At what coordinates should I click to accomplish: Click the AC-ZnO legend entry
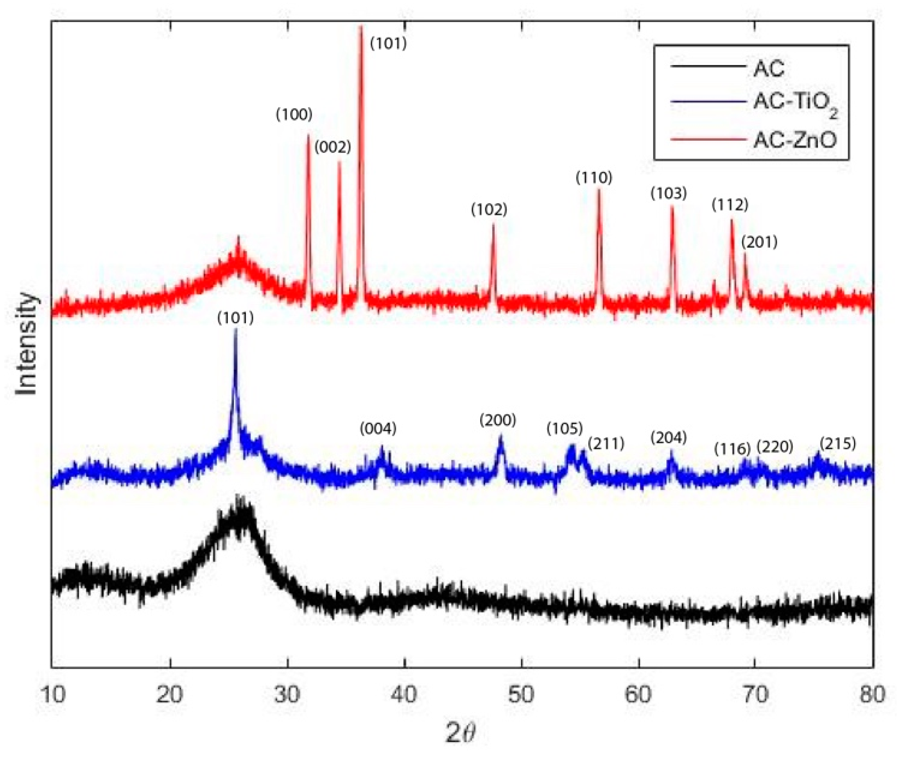click(795, 140)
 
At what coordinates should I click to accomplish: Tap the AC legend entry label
click(769, 69)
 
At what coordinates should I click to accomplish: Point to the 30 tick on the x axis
click(287, 694)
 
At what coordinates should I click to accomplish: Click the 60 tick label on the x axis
click(638, 694)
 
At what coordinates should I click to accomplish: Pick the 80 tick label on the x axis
click(872, 694)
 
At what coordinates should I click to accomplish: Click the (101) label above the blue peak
click(236, 318)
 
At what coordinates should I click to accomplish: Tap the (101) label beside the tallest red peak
click(389, 43)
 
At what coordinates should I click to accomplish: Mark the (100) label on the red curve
click(294, 114)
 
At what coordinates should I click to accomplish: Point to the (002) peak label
click(333, 147)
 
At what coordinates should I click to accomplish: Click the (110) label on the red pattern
click(594, 178)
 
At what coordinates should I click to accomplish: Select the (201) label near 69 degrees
click(759, 242)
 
